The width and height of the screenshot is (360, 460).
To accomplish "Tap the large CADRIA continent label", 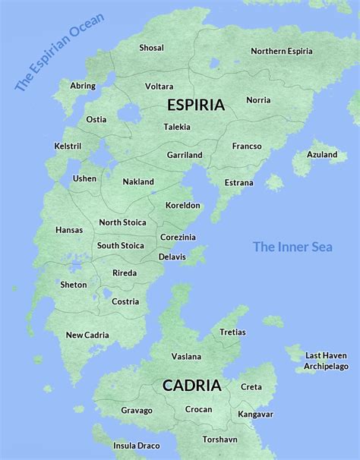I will tap(192, 386).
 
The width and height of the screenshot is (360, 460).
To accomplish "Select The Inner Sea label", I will tap(292, 247).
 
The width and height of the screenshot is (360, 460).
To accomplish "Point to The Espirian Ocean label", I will tap(59, 52).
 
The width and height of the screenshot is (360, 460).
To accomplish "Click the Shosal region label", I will tap(151, 48).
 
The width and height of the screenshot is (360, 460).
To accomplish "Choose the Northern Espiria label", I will tap(282, 52).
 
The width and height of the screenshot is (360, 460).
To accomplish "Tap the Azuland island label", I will tap(322, 155).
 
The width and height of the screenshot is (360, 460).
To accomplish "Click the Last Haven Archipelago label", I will tap(325, 361).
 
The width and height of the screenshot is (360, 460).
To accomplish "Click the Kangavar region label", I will tap(255, 414).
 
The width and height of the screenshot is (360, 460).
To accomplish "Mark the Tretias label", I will tap(232, 332).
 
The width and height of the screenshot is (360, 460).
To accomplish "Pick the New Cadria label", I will tap(87, 335).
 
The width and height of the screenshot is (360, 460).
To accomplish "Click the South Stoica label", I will tap(120, 245).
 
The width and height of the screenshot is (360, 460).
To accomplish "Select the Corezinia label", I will tap(178, 237).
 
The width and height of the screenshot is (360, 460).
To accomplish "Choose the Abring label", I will tap(83, 86).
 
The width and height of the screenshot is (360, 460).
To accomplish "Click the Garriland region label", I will tap(185, 155).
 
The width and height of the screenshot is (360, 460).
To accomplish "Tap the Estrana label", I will tap(238, 183).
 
